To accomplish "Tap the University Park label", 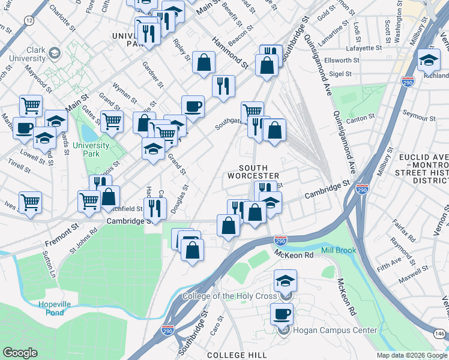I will pyautogui.click(x=91, y=149).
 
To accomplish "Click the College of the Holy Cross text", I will pyautogui.click(x=229, y=296).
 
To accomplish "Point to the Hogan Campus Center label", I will pyautogui.click(x=335, y=330).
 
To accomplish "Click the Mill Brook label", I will pyautogui.click(x=339, y=250).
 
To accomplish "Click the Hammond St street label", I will pyautogui.click(x=230, y=52).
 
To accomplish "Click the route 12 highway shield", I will pyautogui.click(x=29, y=20).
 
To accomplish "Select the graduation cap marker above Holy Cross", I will pyautogui.click(x=285, y=280).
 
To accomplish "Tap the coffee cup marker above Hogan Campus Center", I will pyautogui.click(x=282, y=313).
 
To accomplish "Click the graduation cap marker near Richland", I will pyautogui.click(x=429, y=59).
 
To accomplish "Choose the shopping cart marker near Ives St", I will pyautogui.click(x=30, y=202).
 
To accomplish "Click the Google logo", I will pyautogui.click(x=20, y=353).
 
